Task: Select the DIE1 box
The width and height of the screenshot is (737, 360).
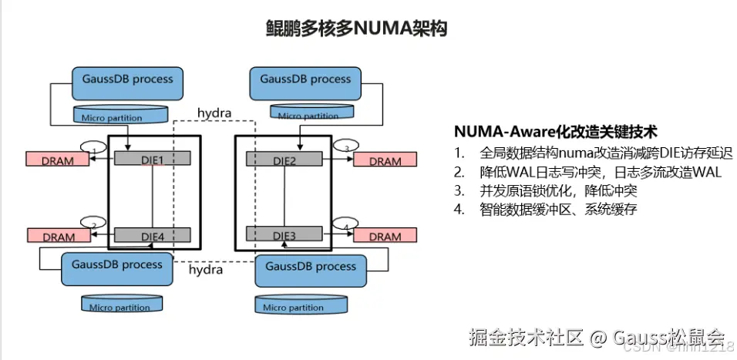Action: click(153, 158)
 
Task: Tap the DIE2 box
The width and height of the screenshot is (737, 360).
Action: click(284, 158)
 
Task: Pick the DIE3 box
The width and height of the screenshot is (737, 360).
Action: click(284, 234)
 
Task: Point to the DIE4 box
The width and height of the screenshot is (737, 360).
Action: click(153, 234)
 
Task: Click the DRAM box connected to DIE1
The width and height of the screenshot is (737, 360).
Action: click(59, 160)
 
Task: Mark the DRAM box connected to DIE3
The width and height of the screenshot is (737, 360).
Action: click(385, 235)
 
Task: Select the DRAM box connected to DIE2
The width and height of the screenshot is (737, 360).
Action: click(385, 160)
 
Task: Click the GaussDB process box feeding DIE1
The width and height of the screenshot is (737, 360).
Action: click(122, 82)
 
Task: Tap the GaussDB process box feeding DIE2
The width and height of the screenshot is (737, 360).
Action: click(305, 82)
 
